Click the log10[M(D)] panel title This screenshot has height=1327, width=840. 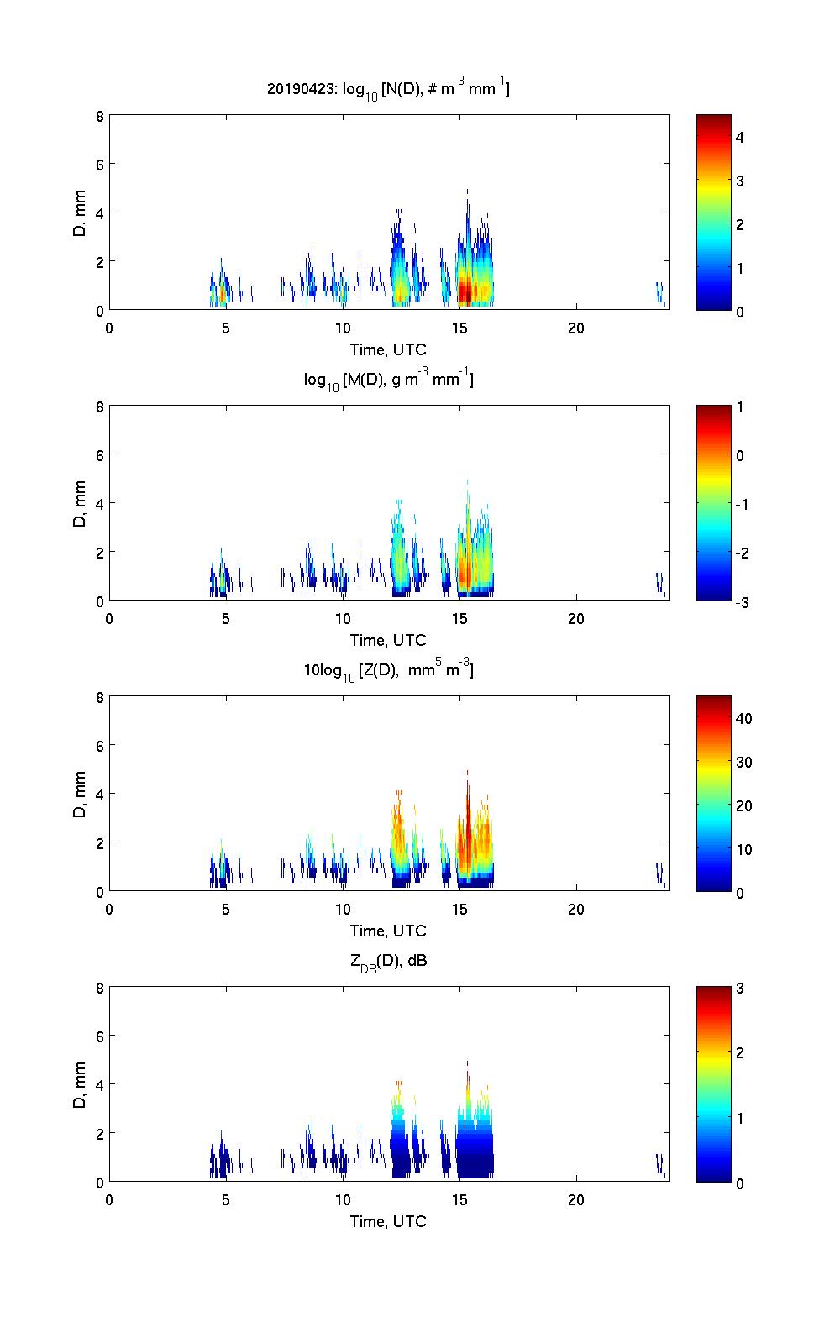point(388,380)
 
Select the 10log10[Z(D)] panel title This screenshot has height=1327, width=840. point(388,670)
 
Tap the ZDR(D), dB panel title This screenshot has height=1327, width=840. point(388,961)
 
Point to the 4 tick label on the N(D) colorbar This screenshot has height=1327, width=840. point(740,137)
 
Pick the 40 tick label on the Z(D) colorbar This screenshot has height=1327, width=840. point(743,718)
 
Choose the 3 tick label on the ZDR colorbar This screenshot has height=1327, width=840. point(740,989)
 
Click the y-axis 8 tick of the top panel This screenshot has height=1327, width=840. point(100,117)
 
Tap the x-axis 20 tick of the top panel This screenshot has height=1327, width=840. point(575,328)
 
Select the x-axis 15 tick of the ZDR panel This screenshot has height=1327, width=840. point(459,1199)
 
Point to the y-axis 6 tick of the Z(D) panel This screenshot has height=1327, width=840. point(100,746)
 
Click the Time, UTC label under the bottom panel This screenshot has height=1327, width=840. point(388,1221)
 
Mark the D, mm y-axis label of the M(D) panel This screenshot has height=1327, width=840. point(81,503)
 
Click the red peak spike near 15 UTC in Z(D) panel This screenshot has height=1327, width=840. point(467,798)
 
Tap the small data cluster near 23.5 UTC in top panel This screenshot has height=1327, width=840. point(659,293)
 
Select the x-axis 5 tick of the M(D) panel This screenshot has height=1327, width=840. point(225,618)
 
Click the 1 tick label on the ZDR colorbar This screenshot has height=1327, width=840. point(740,1119)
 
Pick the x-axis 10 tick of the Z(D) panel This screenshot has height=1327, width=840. point(343,909)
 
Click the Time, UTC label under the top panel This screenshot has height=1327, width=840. point(388,349)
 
